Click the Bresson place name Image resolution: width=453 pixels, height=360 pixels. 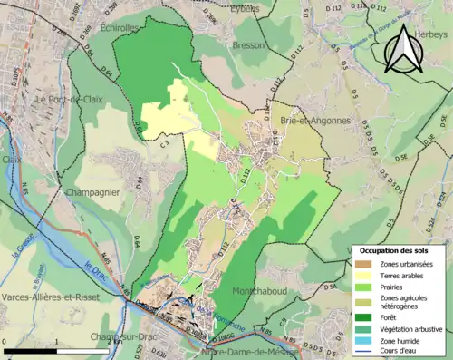pos(247,44)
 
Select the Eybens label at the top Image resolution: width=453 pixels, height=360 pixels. pos(243,7)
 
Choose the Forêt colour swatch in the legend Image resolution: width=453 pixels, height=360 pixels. pos(365,316)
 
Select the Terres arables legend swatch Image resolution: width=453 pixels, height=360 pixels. pos(365,273)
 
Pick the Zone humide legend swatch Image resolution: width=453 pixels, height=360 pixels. pos(365,341)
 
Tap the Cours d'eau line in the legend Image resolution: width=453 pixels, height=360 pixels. pos(365,352)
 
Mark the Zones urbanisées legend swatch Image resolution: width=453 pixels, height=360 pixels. pos(365,262)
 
